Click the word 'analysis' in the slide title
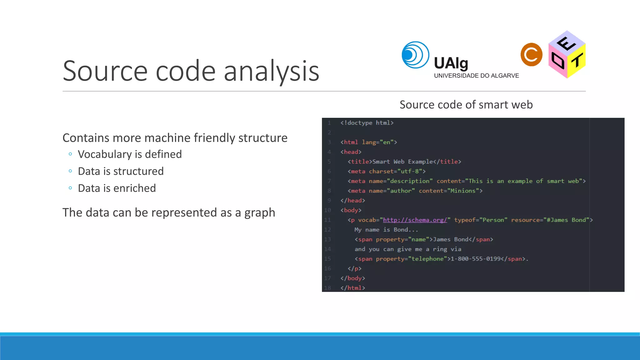(271, 71)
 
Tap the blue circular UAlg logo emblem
(415, 55)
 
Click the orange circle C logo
(531, 55)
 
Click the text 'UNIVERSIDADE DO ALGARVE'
(476, 76)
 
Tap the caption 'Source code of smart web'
(466, 105)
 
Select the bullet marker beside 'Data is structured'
(70, 171)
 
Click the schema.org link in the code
(415, 220)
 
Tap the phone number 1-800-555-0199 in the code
(475, 259)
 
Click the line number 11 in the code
(327, 220)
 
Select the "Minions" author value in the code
(464, 191)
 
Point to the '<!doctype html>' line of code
(367, 123)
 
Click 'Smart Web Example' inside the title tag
(402, 162)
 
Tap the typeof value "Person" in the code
(493, 220)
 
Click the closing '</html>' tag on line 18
(353, 288)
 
